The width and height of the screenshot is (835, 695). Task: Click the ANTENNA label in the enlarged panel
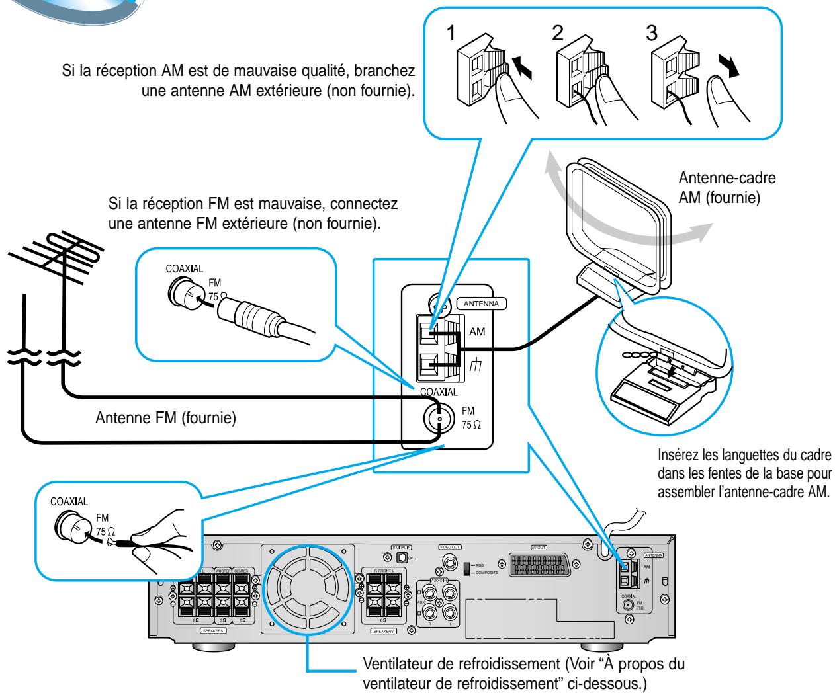(x=481, y=304)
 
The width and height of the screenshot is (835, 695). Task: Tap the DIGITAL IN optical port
(x=400, y=559)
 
